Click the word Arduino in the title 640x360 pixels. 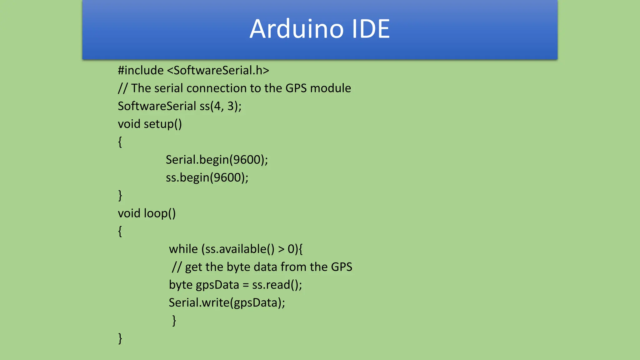click(x=297, y=29)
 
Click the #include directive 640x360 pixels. click(x=141, y=70)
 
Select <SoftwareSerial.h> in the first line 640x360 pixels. click(x=218, y=70)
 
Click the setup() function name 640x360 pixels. click(x=162, y=124)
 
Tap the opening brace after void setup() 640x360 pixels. click(x=120, y=142)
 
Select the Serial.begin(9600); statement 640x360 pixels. click(x=217, y=160)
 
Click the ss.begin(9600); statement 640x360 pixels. click(x=207, y=177)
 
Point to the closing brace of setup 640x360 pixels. click(x=120, y=196)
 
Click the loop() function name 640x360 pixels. click(x=160, y=213)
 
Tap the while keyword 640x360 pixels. click(x=183, y=249)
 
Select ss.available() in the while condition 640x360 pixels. click(x=240, y=249)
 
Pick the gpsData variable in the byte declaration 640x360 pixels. click(x=217, y=285)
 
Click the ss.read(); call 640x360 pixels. click(x=277, y=285)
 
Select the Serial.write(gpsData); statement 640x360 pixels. click(x=227, y=302)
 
